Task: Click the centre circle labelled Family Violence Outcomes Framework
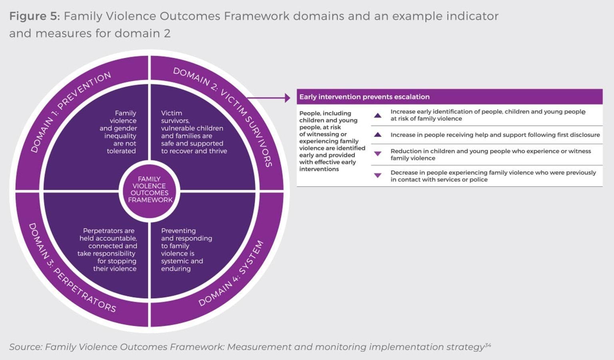[150, 189]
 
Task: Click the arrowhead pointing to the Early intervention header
[287, 97]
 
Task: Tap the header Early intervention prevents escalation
[364, 97]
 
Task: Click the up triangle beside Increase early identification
[377, 115]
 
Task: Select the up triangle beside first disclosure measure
[377, 135]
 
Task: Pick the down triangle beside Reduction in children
[377, 154]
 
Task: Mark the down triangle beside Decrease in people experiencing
[377, 175]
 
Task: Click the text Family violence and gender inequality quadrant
[120, 132]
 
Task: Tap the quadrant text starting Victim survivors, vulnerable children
[193, 132]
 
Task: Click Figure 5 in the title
[34, 16]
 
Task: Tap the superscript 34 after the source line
[488, 345]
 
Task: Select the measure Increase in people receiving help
[495, 135]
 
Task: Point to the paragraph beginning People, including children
[332, 141]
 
